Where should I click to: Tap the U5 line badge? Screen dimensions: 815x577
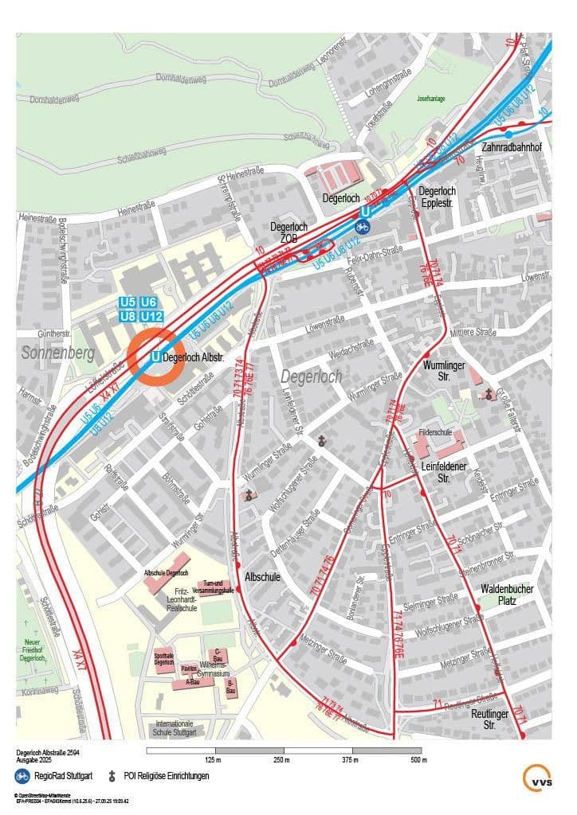pos(128,302)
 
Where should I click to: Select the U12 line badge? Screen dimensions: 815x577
pos(152,317)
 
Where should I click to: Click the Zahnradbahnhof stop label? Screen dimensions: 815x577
pos(512,148)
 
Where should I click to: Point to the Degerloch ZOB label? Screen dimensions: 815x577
pos(289,232)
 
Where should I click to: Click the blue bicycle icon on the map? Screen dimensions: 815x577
pos(363,227)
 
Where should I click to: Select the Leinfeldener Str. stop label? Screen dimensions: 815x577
pos(455,473)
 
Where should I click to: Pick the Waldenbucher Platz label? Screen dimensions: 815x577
pos(507,595)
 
